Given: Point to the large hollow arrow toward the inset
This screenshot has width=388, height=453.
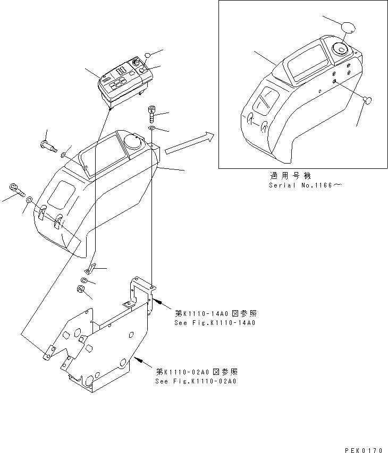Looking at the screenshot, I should pyautogui.click(x=189, y=144).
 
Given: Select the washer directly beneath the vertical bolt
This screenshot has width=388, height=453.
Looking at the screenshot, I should pyautogui.click(x=151, y=129).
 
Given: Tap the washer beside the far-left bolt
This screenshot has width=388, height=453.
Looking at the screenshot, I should pyautogui.click(x=30, y=200).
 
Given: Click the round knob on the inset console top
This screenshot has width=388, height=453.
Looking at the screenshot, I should pyautogui.click(x=340, y=50).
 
